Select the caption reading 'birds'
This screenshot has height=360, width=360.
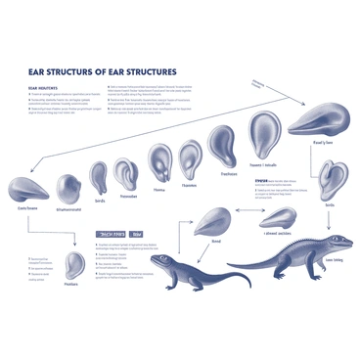coord(99,202)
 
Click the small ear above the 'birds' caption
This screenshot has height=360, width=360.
coord(99,177)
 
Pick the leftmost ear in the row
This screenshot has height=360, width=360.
coord(27,189)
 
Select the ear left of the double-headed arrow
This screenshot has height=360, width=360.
coord(212,221)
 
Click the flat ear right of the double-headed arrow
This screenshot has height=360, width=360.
coord(278,216)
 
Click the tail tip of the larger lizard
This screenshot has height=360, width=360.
coord(231,265)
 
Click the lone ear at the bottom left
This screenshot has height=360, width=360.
coord(74,264)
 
